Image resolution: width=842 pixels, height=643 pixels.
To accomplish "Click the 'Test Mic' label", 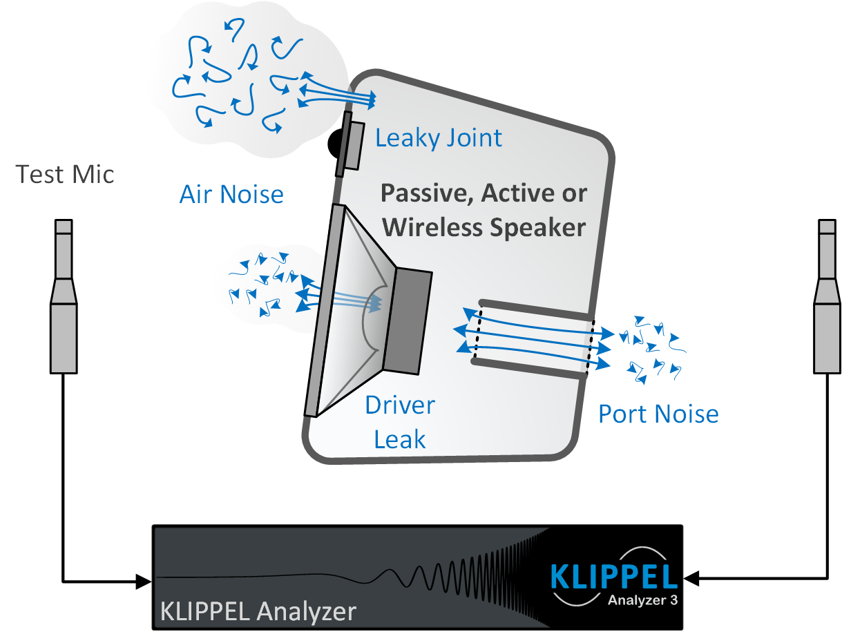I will click(65, 174).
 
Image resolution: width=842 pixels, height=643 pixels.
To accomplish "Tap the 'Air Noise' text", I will click(231, 194).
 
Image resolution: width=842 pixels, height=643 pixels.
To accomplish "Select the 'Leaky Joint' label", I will click(439, 138).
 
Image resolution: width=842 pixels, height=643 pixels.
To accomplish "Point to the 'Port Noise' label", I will click(658, 414).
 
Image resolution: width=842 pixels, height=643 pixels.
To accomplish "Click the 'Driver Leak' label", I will click(400, 421).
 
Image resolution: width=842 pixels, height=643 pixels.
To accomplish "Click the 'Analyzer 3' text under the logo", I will click(642, 599).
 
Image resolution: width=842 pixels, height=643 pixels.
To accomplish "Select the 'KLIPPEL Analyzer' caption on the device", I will click(258, 611).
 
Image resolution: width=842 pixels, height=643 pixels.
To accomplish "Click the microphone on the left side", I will click(64, 297).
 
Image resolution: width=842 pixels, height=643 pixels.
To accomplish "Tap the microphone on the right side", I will click(827, 297).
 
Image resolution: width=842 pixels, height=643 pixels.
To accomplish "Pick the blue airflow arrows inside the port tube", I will click(532, 338).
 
